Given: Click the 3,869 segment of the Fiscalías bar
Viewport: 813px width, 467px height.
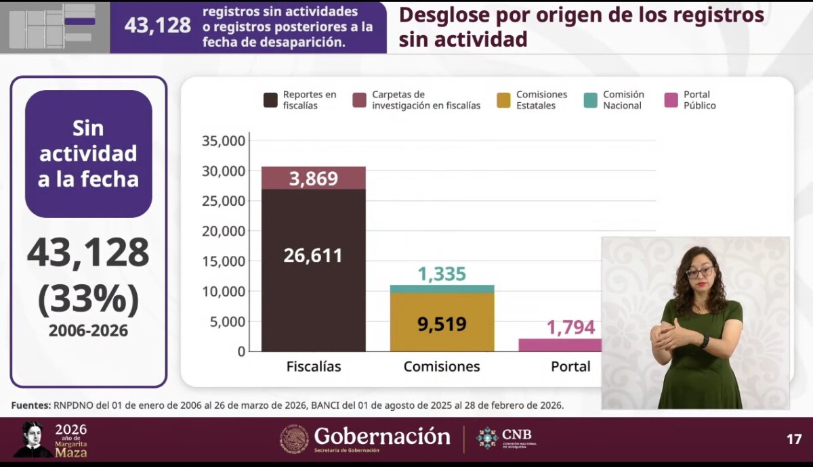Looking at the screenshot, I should click(313, 178).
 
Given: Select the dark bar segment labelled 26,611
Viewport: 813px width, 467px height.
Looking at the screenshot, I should click(313, 271).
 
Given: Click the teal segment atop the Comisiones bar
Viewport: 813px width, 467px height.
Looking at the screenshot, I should click(442, 289).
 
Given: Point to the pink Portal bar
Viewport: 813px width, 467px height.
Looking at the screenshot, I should click(560, 344).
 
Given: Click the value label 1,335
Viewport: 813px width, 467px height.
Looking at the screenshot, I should click(442, 274).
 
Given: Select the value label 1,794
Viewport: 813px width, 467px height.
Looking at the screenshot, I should click(570, 328).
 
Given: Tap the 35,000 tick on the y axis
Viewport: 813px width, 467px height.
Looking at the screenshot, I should click(223, 141).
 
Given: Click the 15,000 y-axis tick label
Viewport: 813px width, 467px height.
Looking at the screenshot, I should click(223, 261).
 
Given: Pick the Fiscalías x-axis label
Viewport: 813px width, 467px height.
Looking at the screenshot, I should click(313, 367).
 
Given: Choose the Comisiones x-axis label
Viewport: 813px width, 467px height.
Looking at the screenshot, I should click(442, 367).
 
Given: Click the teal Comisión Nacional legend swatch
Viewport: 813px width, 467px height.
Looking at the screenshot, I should click(591, 100).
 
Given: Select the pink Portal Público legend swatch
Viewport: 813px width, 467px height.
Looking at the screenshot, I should click(671, 100).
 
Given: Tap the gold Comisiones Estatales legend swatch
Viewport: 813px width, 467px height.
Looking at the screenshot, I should click(503, 100).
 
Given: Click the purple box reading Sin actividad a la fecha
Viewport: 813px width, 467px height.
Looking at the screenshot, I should click(88, 154).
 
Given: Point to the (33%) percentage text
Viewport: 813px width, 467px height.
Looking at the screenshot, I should click(88, 299).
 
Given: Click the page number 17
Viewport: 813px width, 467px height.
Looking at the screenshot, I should click(794, 439).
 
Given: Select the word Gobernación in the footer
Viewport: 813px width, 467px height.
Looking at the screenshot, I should click(382, 437).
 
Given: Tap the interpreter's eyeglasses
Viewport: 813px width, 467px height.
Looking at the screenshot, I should click(699, 272).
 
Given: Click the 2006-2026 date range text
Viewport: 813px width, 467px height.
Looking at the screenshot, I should click(88, 331).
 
